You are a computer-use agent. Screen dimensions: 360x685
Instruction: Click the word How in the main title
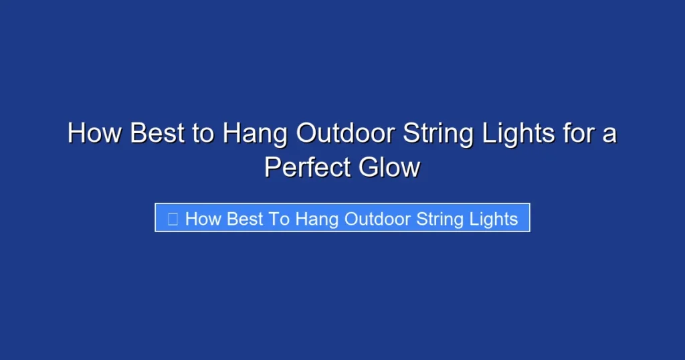(x=95, y=134)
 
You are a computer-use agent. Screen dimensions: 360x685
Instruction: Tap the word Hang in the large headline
(x=255, y=134)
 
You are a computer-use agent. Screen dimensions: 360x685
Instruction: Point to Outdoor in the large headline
(x=344, y=134)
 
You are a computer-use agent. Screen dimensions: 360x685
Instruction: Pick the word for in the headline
(x=578, y=134)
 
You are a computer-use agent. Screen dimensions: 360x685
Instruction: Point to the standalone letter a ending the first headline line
(x=609, y=135)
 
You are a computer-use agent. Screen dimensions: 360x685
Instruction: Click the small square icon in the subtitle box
(x=173, y=219)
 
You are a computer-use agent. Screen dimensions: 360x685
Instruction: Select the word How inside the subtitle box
(x=203, y=219)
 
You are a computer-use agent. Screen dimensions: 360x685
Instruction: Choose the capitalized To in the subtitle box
(x=281, y=219)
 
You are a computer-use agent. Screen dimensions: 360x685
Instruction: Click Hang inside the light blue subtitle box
(x=318, y=219)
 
